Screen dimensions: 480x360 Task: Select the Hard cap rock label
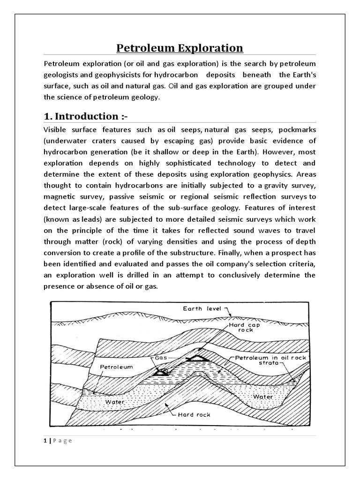click(x=241, y=327)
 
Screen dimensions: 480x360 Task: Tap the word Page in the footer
click(x=61, y=440)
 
